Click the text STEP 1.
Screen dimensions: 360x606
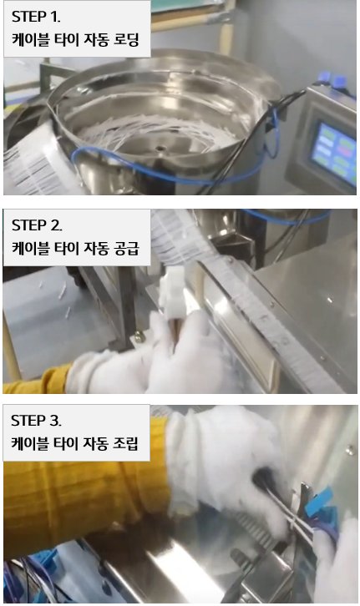36,17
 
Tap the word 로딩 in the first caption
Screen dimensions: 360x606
126,40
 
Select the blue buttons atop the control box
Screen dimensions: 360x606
331,80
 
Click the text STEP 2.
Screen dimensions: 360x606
37,225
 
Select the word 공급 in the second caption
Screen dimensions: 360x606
126,248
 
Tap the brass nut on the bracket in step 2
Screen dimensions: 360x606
138,337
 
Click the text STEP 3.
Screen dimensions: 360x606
36,421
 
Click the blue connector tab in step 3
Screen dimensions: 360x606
318,502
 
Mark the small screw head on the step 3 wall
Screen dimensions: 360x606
350,450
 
